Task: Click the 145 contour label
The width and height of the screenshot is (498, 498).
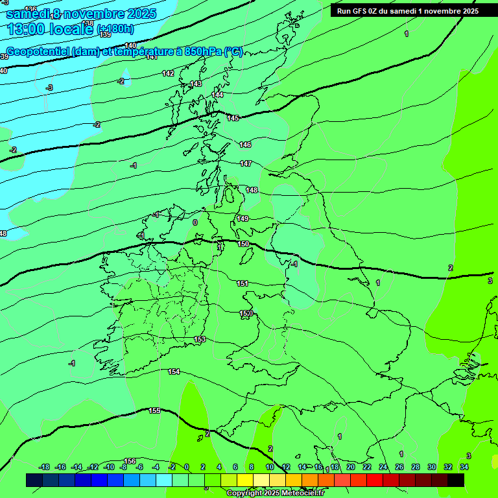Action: [233, 118]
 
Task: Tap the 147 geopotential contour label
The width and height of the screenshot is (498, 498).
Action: [246, 163]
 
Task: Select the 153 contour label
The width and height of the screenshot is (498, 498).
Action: [200, 339]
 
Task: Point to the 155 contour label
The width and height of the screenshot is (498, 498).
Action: [154, 410]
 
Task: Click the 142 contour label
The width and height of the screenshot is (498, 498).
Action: [168, 73]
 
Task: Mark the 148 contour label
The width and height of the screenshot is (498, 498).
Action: [252, 190]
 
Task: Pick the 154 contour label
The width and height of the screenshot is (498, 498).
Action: [174, 372]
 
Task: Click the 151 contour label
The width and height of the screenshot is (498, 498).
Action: [243, 283]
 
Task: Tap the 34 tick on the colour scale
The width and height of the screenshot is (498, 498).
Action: [464, 467]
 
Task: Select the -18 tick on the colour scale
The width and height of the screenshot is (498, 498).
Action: [45, 467]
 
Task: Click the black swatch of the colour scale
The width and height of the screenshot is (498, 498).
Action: [456, 480]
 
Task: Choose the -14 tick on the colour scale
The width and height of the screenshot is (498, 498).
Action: [77, 467]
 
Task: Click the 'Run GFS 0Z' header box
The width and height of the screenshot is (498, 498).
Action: [407, 10]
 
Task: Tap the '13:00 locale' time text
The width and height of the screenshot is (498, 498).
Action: [49, 29]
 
